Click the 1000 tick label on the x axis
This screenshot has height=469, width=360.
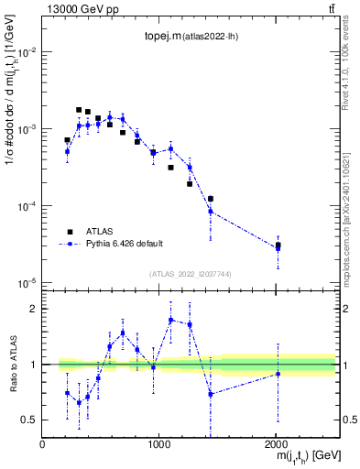tap(159, 444)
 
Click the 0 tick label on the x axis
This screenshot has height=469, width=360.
tap(42, 444)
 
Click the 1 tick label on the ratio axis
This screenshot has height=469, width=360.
tap(32, 365)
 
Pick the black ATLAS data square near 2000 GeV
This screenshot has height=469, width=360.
tap(278, 245)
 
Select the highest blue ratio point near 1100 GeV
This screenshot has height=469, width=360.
tap(171, 320)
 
